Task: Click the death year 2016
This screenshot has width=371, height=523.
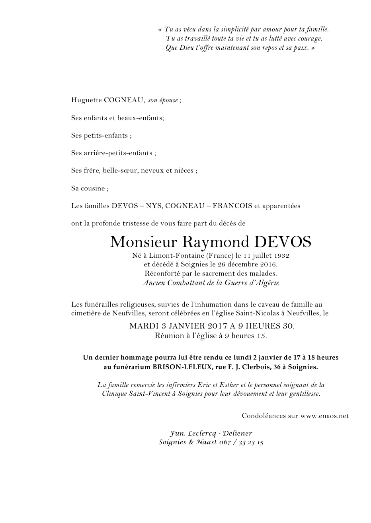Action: coord(268,264)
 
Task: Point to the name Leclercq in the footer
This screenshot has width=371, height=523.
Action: coord(201,434)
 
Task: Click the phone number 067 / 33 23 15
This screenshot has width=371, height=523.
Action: coord(241,442)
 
